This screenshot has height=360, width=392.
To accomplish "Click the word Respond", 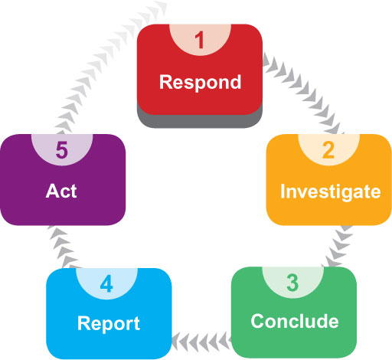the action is (x=200, y=83).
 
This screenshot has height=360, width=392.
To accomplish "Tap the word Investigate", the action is (x=331, y=191).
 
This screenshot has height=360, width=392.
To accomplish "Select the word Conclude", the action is (x=295, y=321).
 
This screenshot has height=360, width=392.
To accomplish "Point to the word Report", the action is (x=109, y=324).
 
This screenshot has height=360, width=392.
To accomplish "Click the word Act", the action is (x=61, y=191).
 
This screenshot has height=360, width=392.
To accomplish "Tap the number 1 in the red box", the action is (x=200, y=40).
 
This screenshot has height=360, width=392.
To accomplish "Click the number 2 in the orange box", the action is (x=328, y=150).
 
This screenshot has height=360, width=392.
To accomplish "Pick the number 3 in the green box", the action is (x=292, y=283).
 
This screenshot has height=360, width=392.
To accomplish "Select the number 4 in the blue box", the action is (x=106, y=283).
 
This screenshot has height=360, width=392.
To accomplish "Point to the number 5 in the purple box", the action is (x=62, y=150).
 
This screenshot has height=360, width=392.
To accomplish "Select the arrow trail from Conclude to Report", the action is (x=201, y=342).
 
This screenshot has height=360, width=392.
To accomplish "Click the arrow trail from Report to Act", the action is (x=62, y=247).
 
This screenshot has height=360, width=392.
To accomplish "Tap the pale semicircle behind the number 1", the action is (x=200, y=38).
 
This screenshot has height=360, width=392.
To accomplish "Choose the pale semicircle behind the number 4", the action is (x=106, y=282).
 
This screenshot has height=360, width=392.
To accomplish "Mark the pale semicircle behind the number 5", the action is (x=62, y=149).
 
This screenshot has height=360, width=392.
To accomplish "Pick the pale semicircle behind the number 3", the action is (x=293, y=281).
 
